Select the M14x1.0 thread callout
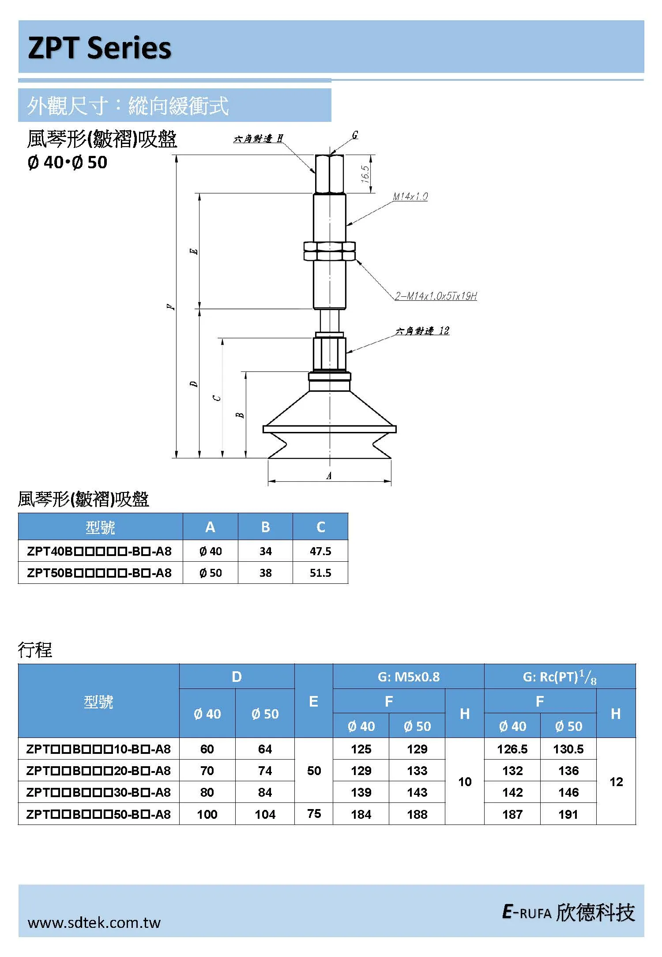click(410, 197)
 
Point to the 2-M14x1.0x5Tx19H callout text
click(436, 296)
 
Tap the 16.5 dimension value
click(365, 174)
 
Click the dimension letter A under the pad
click(329, 476)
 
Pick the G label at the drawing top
click(355, 135)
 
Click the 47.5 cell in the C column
click(320, 551)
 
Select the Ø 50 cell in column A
click(211, 573)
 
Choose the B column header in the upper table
click(265, 527)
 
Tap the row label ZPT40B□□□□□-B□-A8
click(99, 551)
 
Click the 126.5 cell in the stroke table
click(512, 749)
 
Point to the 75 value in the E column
click(314, 813)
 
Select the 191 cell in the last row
click(568, 814)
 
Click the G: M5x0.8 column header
click(409, 677)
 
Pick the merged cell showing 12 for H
click(616, 782)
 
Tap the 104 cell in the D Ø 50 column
click(265, 814)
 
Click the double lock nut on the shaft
click(329, 251)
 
